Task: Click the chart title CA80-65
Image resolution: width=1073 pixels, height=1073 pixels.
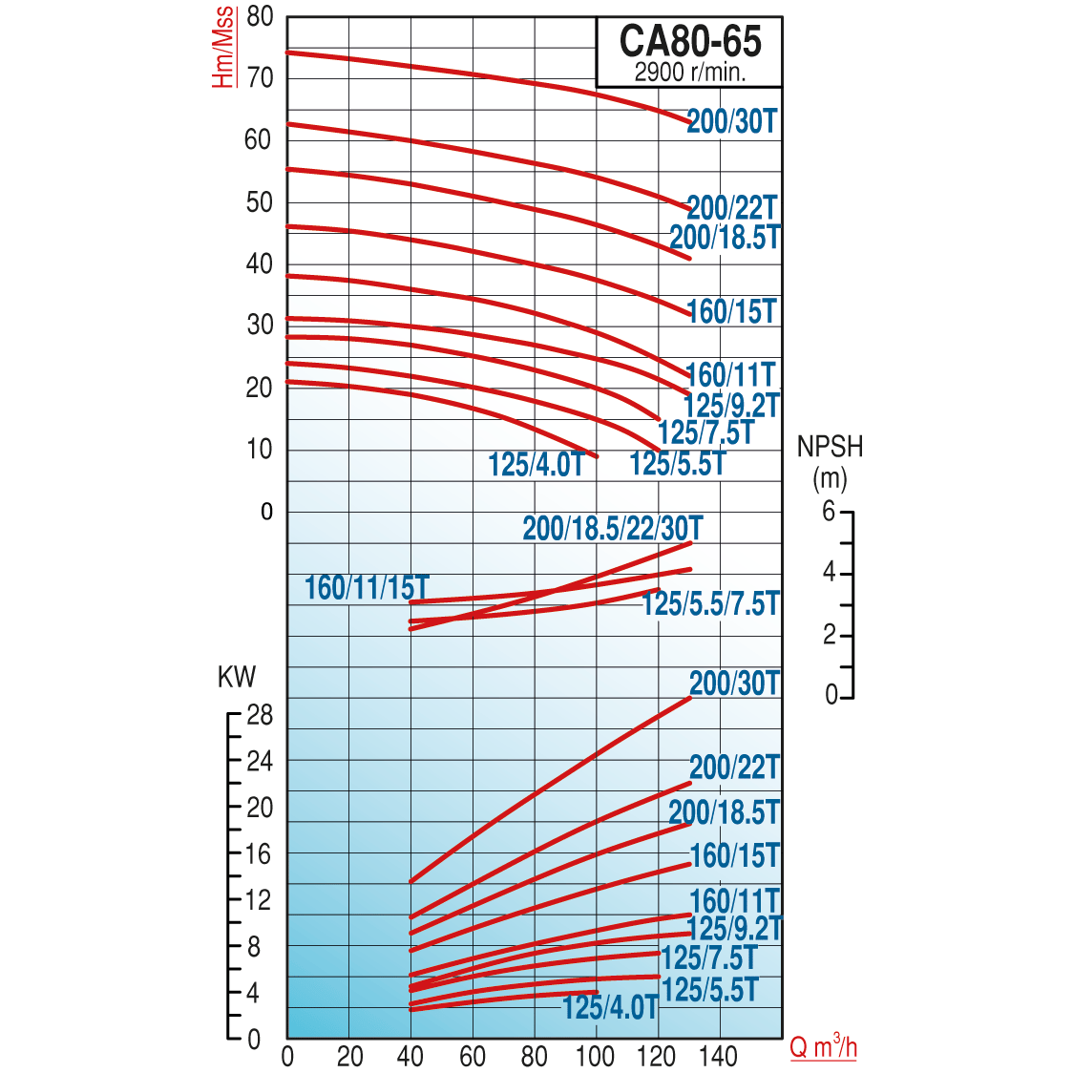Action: point(690,42)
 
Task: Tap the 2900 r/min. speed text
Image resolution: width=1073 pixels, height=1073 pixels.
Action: point(690,72)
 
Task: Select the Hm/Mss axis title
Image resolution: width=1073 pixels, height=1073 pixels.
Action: point(222,48)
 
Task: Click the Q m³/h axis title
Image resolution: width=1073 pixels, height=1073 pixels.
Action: point(823,1047)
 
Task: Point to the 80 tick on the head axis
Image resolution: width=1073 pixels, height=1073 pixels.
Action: point(260,17)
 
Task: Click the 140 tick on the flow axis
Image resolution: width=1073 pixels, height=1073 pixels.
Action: point(718,1057)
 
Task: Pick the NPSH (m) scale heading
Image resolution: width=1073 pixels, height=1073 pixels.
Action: point(830,461)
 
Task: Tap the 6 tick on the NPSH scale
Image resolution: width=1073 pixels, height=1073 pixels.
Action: point(829,512)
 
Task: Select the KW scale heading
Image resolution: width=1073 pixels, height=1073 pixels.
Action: point(237,677)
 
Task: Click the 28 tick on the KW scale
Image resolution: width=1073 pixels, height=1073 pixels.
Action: point(260,715)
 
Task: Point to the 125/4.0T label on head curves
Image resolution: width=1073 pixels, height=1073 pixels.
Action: point(536,465)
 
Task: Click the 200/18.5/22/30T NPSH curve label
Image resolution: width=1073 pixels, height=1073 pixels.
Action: point(612,528)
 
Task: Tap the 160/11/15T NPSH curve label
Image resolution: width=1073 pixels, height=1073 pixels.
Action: point(367,588)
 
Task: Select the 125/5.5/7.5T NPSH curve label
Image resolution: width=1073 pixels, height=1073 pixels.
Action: point(710,603)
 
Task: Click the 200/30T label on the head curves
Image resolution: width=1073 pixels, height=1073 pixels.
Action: point(732,121)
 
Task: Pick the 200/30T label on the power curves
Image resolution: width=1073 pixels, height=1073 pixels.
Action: point(734,683)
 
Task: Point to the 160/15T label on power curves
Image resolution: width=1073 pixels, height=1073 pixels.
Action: point(734,855)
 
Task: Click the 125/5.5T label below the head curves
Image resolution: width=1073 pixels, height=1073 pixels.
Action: point(678,464)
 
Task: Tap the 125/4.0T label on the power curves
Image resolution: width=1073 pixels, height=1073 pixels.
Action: point(610,1007)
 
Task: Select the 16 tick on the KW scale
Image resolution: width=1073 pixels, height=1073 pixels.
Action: point(260,854)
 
